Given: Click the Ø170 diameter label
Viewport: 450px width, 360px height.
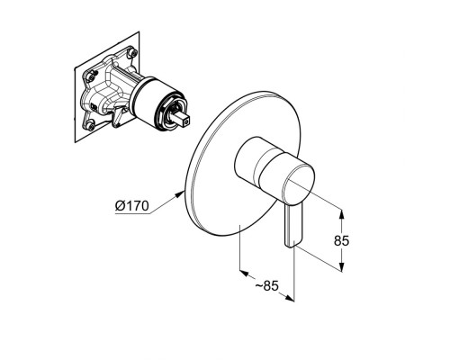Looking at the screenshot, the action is [x=132, y=206].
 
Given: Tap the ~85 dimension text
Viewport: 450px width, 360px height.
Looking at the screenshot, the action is [x=267, y=286].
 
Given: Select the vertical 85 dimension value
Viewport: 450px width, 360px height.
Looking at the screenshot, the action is [x=342, y=240].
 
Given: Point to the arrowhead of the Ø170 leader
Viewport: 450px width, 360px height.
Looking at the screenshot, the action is [x=179, y=194].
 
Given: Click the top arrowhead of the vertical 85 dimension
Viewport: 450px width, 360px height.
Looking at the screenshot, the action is [x=341, y=213].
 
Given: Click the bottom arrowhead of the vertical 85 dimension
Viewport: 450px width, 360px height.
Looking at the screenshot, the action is [x=341, y=267].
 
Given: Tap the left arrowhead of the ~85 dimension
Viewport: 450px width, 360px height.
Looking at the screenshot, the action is [x=245, y=273].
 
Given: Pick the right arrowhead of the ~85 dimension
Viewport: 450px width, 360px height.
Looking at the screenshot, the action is [x=289, y=298].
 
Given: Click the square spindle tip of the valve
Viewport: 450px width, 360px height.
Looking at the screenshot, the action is [x=182, y=120].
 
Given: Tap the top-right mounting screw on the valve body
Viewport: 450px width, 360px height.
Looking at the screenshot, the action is [x=131, y=53].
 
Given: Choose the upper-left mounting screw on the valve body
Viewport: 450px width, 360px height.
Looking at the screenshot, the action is [x=90, y=76].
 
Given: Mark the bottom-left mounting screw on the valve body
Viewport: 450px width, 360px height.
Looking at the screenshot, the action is [x=90, y=125].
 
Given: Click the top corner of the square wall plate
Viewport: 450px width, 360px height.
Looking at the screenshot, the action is [x=139, y=31].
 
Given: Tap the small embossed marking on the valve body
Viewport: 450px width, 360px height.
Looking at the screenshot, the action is [x=94, y=107].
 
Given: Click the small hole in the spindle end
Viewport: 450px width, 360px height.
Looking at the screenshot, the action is [x=187, y=122].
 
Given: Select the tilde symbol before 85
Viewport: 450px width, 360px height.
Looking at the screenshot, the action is [x=259, y=286].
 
